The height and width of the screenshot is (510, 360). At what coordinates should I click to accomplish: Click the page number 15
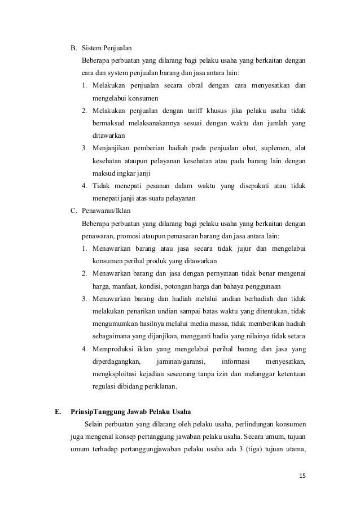click(x=302, y=476)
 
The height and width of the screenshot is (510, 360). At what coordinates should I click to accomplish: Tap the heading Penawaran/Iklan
click(x=106, y=211)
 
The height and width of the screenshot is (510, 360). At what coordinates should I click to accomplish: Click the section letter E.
click(x=58, y=411)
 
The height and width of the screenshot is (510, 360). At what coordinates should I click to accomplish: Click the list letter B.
click(x=73, y=47)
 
